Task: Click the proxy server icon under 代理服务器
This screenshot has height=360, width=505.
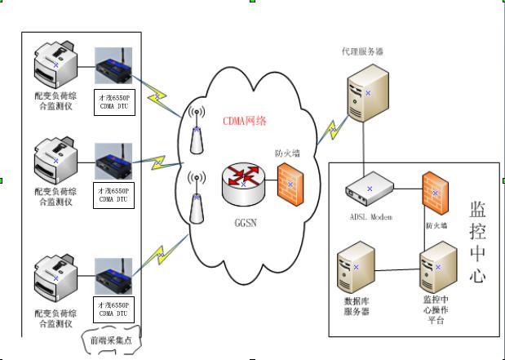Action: point(367,94)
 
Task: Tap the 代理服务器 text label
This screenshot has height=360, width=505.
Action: point(362,51)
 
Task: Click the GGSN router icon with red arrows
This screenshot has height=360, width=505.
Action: point(243,184)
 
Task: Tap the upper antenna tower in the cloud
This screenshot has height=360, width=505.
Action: point(196,131)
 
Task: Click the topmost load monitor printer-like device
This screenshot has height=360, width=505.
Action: point(55,65)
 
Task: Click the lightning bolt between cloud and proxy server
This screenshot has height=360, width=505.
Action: point(332,127)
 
